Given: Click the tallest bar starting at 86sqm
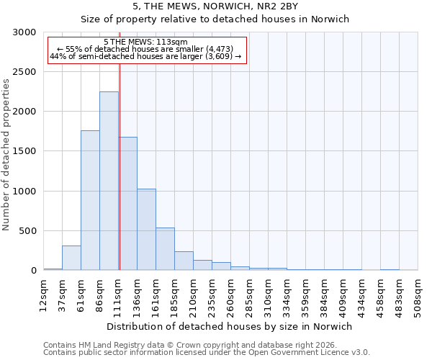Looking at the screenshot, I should [109, 181].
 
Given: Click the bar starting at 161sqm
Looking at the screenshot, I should [165, 248].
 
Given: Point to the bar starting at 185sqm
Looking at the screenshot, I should [184, 261].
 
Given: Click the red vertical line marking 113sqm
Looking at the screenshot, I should [120, 166].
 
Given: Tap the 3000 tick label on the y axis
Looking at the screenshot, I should [24, 32].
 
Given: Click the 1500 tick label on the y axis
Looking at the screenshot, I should [24, 151].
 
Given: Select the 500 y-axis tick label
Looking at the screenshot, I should [27, 231].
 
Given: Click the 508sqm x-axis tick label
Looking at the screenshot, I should [418, 294].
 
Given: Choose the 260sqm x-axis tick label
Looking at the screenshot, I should [231, 294].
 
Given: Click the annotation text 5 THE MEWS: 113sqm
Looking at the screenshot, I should [146, 42].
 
